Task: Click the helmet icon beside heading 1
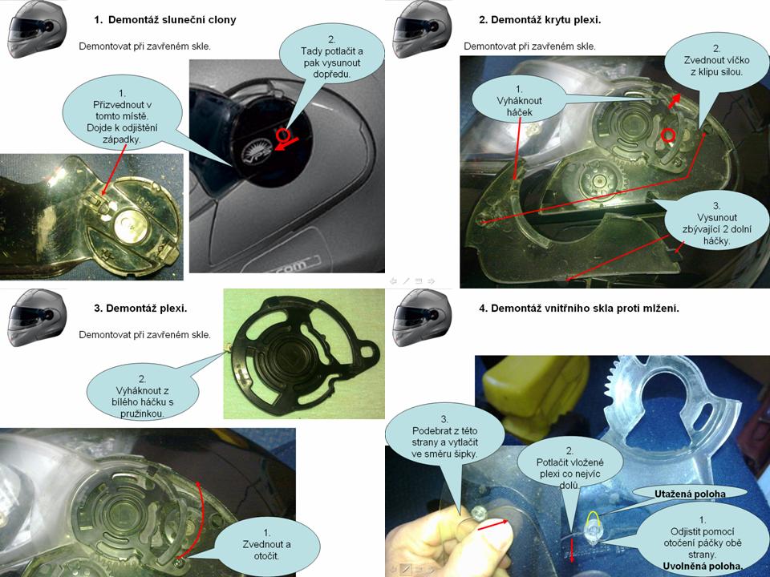(x=37, y=30)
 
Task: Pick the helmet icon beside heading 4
(x=423, y=318)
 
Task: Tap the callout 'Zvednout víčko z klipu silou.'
(x=716, y=60)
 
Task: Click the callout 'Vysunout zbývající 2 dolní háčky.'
(x=716, y=224)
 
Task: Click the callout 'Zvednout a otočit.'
(x=266, y=545)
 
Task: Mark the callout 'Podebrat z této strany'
(x=444, y=437)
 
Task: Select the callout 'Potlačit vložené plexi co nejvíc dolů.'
(x=569, y=467)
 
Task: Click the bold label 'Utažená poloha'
(x=690, y=494)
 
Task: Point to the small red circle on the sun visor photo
(x=282, y=135)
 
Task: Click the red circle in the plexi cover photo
(x=668, y=135)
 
